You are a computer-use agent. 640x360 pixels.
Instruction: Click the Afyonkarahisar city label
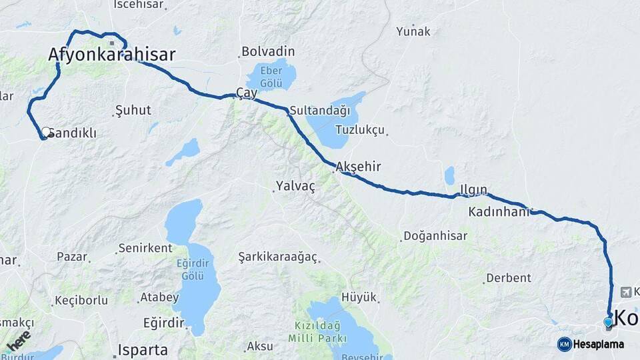(x=112, y=55)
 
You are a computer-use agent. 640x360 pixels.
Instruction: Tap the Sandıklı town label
(x=74, y=133)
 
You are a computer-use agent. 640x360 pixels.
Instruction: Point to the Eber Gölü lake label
(x=271, y=77)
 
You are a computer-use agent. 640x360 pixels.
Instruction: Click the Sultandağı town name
(x=319, y=110)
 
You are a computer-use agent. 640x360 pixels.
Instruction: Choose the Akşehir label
(x=359, y=167)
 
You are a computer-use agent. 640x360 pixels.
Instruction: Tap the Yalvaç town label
(x=294, y=187)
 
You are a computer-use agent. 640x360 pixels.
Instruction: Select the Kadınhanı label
(x=499, y=212)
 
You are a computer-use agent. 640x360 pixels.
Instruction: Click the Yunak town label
(x=413, y=31)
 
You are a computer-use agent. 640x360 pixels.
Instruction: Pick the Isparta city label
(x=143, y=349)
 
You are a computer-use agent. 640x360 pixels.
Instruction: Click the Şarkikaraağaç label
(x=278, y=257)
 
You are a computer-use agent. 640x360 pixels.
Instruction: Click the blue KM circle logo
(x=564, y=344)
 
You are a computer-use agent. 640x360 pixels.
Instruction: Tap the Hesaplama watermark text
(x=598, y=345)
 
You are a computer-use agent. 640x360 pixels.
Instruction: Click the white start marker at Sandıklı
(x=46, y=133)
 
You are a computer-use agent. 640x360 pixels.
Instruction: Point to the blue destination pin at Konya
(x=608, y=323)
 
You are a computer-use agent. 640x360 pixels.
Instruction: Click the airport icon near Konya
(x=625, y=292)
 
